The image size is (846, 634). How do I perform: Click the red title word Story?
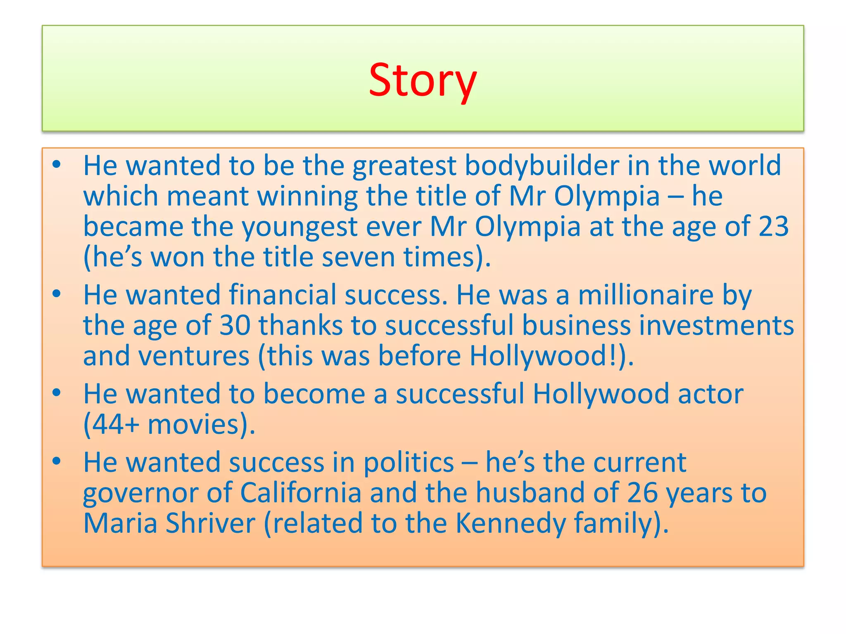(423, 80)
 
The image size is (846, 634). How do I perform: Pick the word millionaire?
(645, 295)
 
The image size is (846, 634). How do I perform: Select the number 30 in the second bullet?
(235, 325)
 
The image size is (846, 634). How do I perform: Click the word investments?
(716, 325)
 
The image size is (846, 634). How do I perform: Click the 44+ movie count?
(112, 424)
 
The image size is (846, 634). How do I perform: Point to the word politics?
(409, 462)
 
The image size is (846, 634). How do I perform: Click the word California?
(301, 493)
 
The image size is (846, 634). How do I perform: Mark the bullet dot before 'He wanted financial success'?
(57, 294)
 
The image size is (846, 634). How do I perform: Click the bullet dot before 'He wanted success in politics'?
(57, 461)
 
